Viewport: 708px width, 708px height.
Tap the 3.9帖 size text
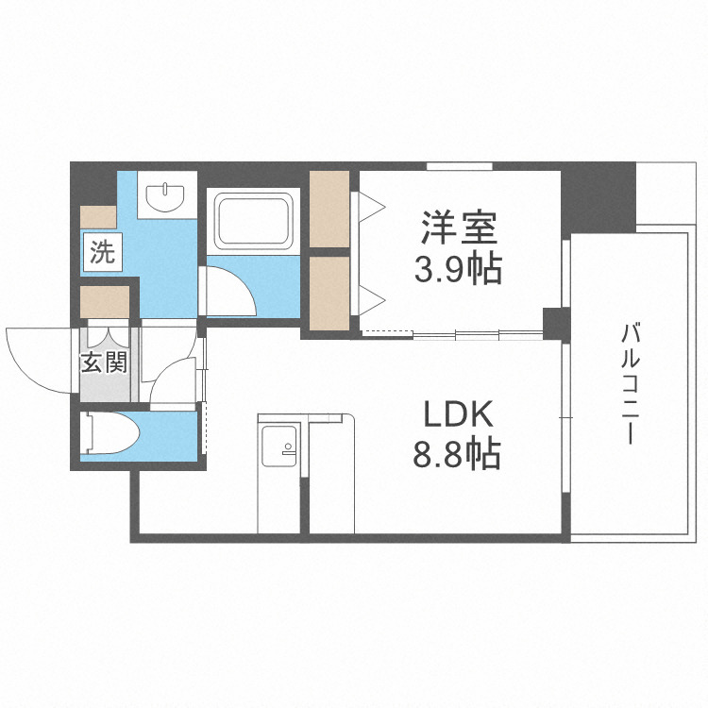[458, 269]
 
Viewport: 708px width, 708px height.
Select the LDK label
[458, 414]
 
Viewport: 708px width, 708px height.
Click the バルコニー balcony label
[631, 383]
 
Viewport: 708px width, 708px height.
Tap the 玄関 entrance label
[104, 362]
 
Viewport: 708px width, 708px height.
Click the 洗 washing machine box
[103, 252]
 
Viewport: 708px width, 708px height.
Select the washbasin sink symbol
[165, 197]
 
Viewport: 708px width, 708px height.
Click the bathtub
[253, 221]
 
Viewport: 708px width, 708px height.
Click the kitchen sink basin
[279, 447]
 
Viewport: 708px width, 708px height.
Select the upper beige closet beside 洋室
[329, 209]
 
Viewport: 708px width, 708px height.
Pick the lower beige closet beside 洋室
[329, 294]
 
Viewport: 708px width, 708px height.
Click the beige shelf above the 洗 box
[98, 217]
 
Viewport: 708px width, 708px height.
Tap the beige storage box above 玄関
[105, 302]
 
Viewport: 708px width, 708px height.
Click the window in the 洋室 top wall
[460, 166]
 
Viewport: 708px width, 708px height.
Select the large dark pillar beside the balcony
[598, 197]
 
